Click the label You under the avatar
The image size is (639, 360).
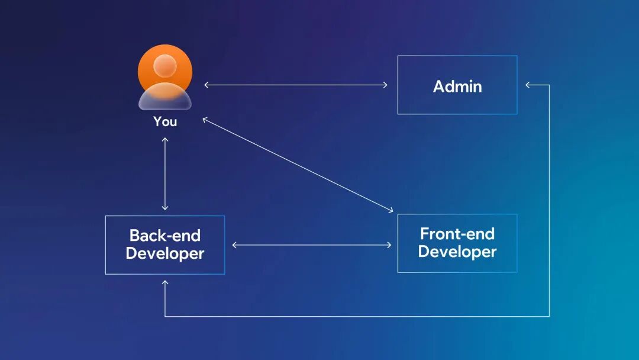[165, 121]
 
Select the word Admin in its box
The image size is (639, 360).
[457, 86]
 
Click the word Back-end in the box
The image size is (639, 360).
[165, 236]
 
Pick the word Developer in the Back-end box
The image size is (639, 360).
[165, 254]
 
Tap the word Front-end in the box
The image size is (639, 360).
[457, 233]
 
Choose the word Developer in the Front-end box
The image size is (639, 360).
[457, 252]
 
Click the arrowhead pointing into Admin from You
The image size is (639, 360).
[386, 85]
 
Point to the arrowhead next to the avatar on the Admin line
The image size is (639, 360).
[206, 85]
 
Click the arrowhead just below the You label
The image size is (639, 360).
[165, 140]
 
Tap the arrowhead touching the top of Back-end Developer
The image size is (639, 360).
[165, 208]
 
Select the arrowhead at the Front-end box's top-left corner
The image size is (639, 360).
[390, 210]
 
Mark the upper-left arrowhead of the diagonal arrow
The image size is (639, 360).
[205, 119]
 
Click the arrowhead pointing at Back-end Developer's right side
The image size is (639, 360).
[234, 245]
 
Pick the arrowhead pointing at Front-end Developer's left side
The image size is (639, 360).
[389, 245]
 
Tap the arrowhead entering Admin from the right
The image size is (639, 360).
[528, 85]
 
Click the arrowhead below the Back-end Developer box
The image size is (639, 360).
[165, 283]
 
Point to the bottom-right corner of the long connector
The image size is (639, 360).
[549, 317]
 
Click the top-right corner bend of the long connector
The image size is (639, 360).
[549, 85]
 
